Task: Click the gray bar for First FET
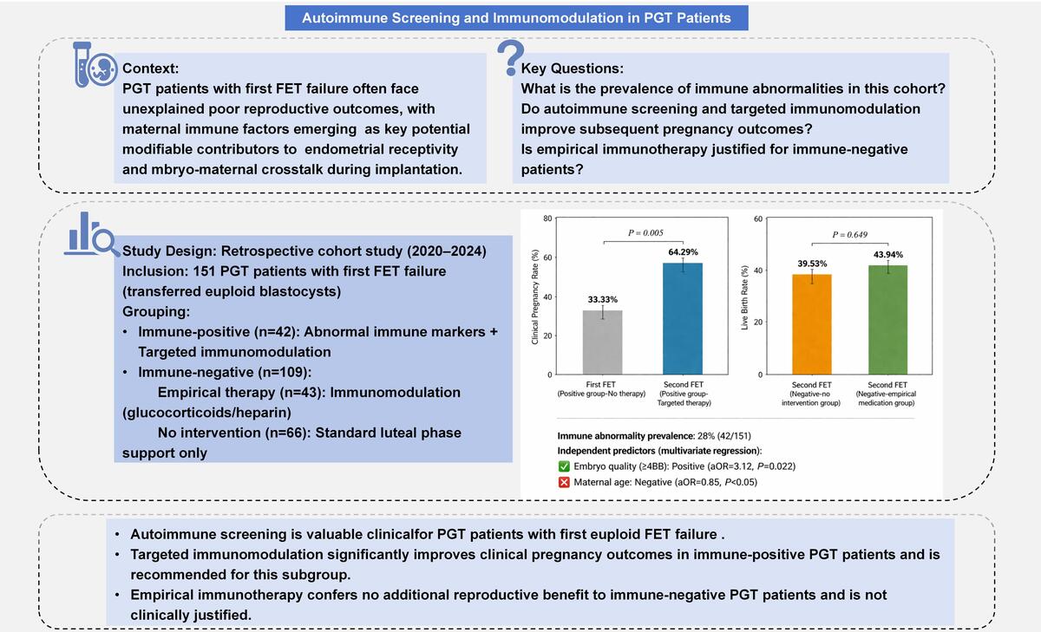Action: click(x=602, y=342)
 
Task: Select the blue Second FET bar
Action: click(x=683, y=318)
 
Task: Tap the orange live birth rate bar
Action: click(x=812, y=324)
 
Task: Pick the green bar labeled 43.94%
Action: click(x=887, y=320)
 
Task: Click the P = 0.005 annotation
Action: click(x=645, y=232)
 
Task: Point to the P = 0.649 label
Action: click(x=849, y=234)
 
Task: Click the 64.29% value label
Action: click(x=684, y=252)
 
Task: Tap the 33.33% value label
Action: click(x=603, y=299)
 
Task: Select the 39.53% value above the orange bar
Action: click(x=812, y=264)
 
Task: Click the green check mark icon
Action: click(x=564, y=466)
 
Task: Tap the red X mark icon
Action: click(x=564, y=482)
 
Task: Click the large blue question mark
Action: click(x=511, y=57)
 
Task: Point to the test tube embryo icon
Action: click(x=95, y=64)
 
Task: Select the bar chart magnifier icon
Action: click(x=92, y=234)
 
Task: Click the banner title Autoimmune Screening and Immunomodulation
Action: click(x=516, y=17)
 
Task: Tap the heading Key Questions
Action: click(x=572, y=68)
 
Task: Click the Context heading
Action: click(x=151, y=68)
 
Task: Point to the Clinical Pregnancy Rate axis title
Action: click(x=535, y=297)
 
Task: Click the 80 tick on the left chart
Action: click(x=547, y=218)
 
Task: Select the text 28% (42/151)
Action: click(x=724, y=435)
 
